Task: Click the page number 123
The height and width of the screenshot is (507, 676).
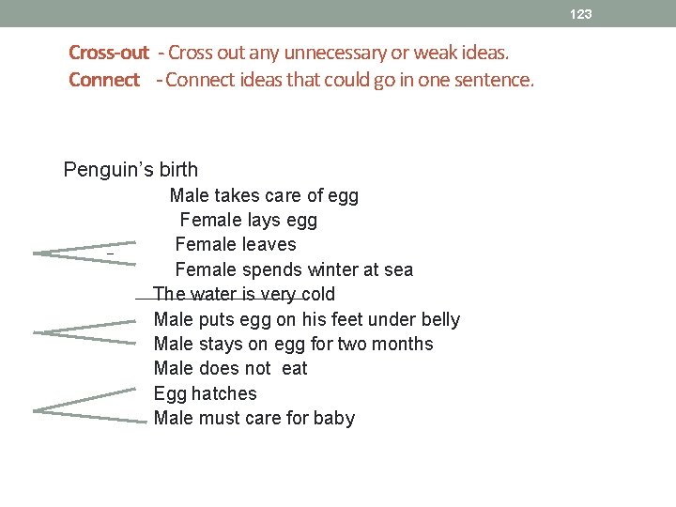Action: click(x=581, y=14)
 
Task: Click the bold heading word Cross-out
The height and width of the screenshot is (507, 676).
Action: click(x=109, y=52)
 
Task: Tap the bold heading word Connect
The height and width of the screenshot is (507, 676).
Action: click(x=104, y=80)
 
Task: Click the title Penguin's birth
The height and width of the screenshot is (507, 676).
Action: click(x=131, y=170)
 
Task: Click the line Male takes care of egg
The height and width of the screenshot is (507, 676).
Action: click(x=264, y=196)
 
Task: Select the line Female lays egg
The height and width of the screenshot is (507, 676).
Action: click(x=248, y=221)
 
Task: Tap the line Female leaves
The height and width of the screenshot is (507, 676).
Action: click(x=236, y=245)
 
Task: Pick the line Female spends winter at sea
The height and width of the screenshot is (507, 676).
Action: click(x=294, y=270)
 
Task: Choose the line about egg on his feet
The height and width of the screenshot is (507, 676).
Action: click(x=306, y=319)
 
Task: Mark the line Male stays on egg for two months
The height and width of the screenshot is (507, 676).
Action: click(x=293, y=344)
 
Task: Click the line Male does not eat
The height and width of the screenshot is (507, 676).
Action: click(x=230, y=368)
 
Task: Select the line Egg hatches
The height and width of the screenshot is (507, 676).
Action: click(x=205, y=393)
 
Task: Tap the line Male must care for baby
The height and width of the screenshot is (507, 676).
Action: click(x=253, y=418)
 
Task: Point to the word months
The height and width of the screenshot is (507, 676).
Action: click(x=404, y=344)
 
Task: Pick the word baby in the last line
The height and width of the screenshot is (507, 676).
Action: click(x=334, y=418)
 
